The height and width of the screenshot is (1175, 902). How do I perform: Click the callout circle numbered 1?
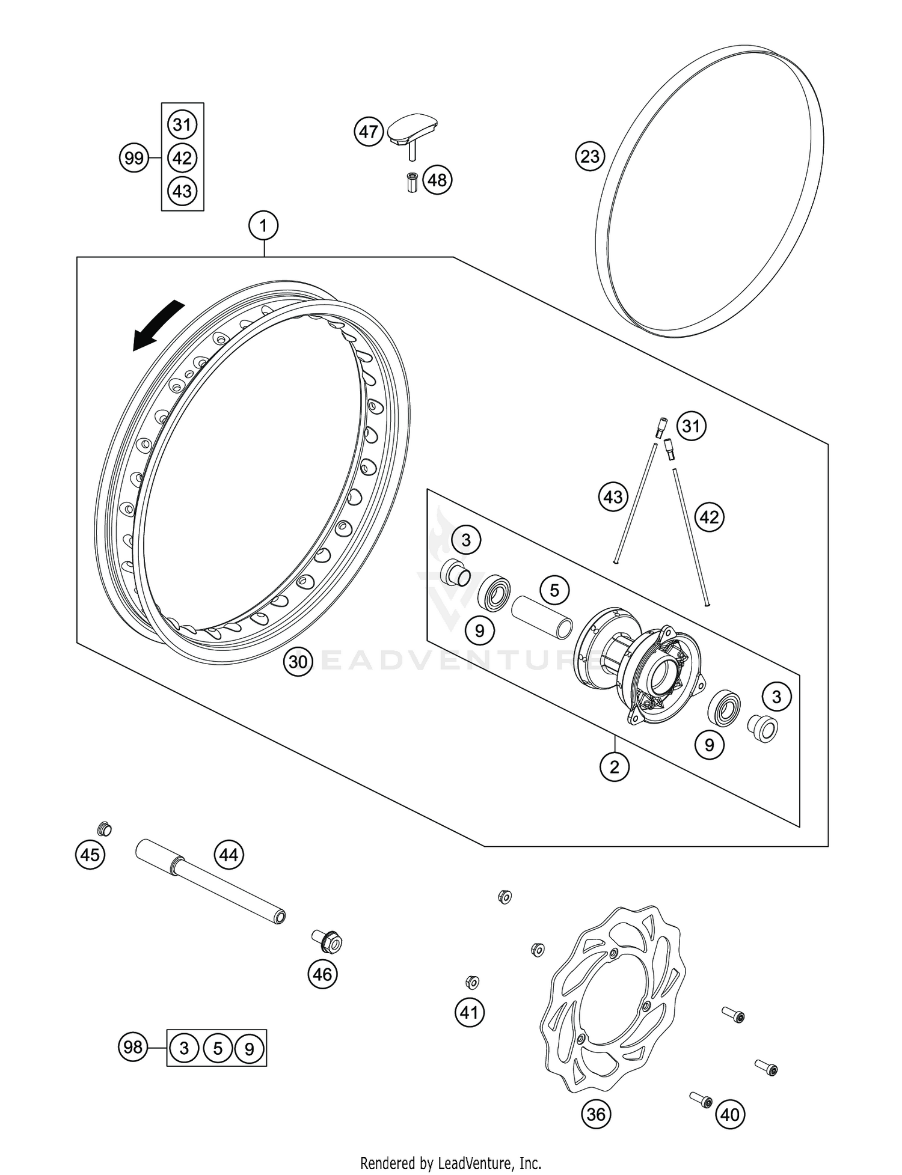pyautogui.click(x=263, y=227)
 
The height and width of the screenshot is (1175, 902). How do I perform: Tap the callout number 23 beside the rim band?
pyautogui.click(x=590, y=156)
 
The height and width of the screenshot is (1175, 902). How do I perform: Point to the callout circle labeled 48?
pyautogui.click(x=437, y=180)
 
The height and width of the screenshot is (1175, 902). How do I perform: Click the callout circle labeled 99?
pyautogui.click(x=133, y=158)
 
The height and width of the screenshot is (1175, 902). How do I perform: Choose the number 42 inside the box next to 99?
pyautogui.click(x=182, y=158)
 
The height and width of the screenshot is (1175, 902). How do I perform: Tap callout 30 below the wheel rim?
pyautogui.click(x=298, y=662)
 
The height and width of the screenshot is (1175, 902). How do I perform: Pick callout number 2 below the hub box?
pyautogui.click(x=614, y=767)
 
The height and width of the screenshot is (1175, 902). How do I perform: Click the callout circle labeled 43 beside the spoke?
pyautogui.click(x=613, y=497)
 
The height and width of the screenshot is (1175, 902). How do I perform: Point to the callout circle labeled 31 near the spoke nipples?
pyautogui.click(x=691, y=426)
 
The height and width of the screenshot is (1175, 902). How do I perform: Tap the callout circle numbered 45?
pyautogui.click(x=90, y=854)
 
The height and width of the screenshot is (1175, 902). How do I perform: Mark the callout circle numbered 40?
pyautogui.click(x=729, y=1115)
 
